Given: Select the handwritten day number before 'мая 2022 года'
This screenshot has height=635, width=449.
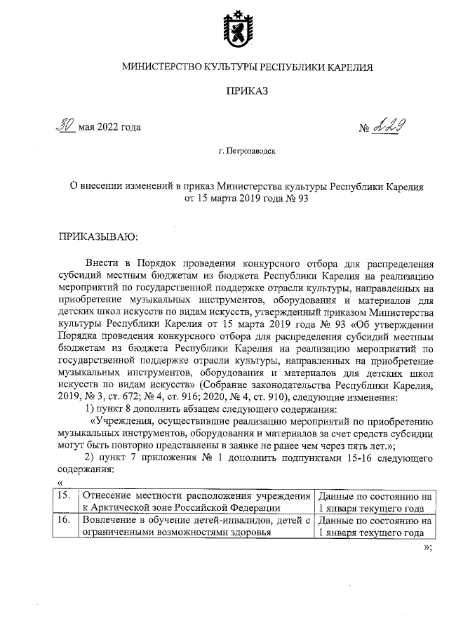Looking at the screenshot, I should [x=67, y=126].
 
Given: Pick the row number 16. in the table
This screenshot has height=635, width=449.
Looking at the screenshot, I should [x=64, y=521].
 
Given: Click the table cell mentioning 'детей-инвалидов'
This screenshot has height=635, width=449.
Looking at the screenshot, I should [x=196, y=526].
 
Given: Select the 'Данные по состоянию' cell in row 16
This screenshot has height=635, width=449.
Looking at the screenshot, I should [x=375, y=526].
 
